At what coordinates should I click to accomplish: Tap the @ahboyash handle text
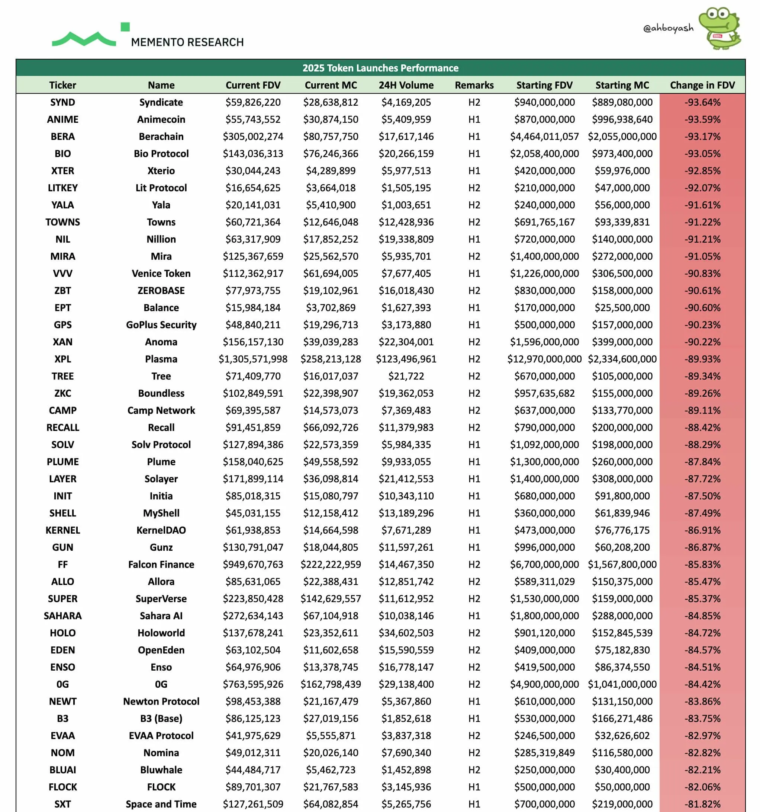click(x=668, y=28)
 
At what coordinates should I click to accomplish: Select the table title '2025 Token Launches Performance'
click(x=380, y=68)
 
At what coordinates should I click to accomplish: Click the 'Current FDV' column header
click(x=253, y=85)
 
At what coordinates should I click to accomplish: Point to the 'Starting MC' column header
click(x=622, y=85)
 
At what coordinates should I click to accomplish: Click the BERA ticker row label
click(x=62, y=137)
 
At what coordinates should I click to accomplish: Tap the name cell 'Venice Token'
click(x=161, y=273)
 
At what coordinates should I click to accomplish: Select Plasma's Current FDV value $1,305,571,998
click(x=253, y=359)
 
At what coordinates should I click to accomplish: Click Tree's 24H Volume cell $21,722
click(x=406, y=376)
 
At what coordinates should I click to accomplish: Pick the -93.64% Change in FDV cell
click(x=702, y=102)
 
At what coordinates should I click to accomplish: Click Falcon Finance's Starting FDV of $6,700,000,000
click(x=544, y=565)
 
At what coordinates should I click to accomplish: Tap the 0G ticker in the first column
click(x=62, y=684)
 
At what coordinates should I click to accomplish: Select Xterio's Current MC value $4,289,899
click(x=330, y=171)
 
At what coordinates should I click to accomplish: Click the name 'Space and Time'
click(x=161, y=804)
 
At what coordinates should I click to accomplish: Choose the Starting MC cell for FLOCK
click(x=622, y=787)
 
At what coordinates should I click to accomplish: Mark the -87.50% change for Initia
click(x=702, y=496)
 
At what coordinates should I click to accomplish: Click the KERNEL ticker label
click(x=62, y=530)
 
